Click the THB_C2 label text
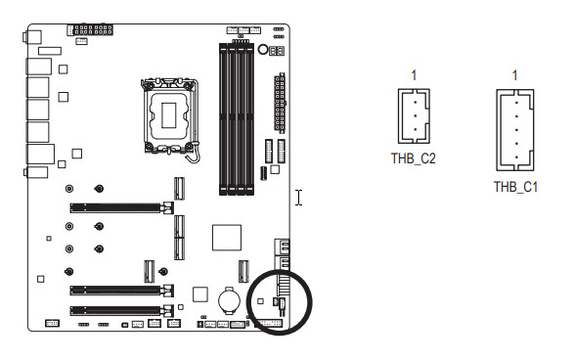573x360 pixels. (x=414, y=158)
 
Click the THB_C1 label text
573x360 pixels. (x=515, y=187)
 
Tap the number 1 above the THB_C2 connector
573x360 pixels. (x=414, y=75)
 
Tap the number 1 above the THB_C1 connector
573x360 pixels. (x=515, y=75)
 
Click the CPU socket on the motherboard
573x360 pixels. (x=169, y=115)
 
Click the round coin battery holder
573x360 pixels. (x=229, y=300)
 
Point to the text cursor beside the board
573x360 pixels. (x=299, y=198)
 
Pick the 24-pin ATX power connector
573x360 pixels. (x=280, y=103)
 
